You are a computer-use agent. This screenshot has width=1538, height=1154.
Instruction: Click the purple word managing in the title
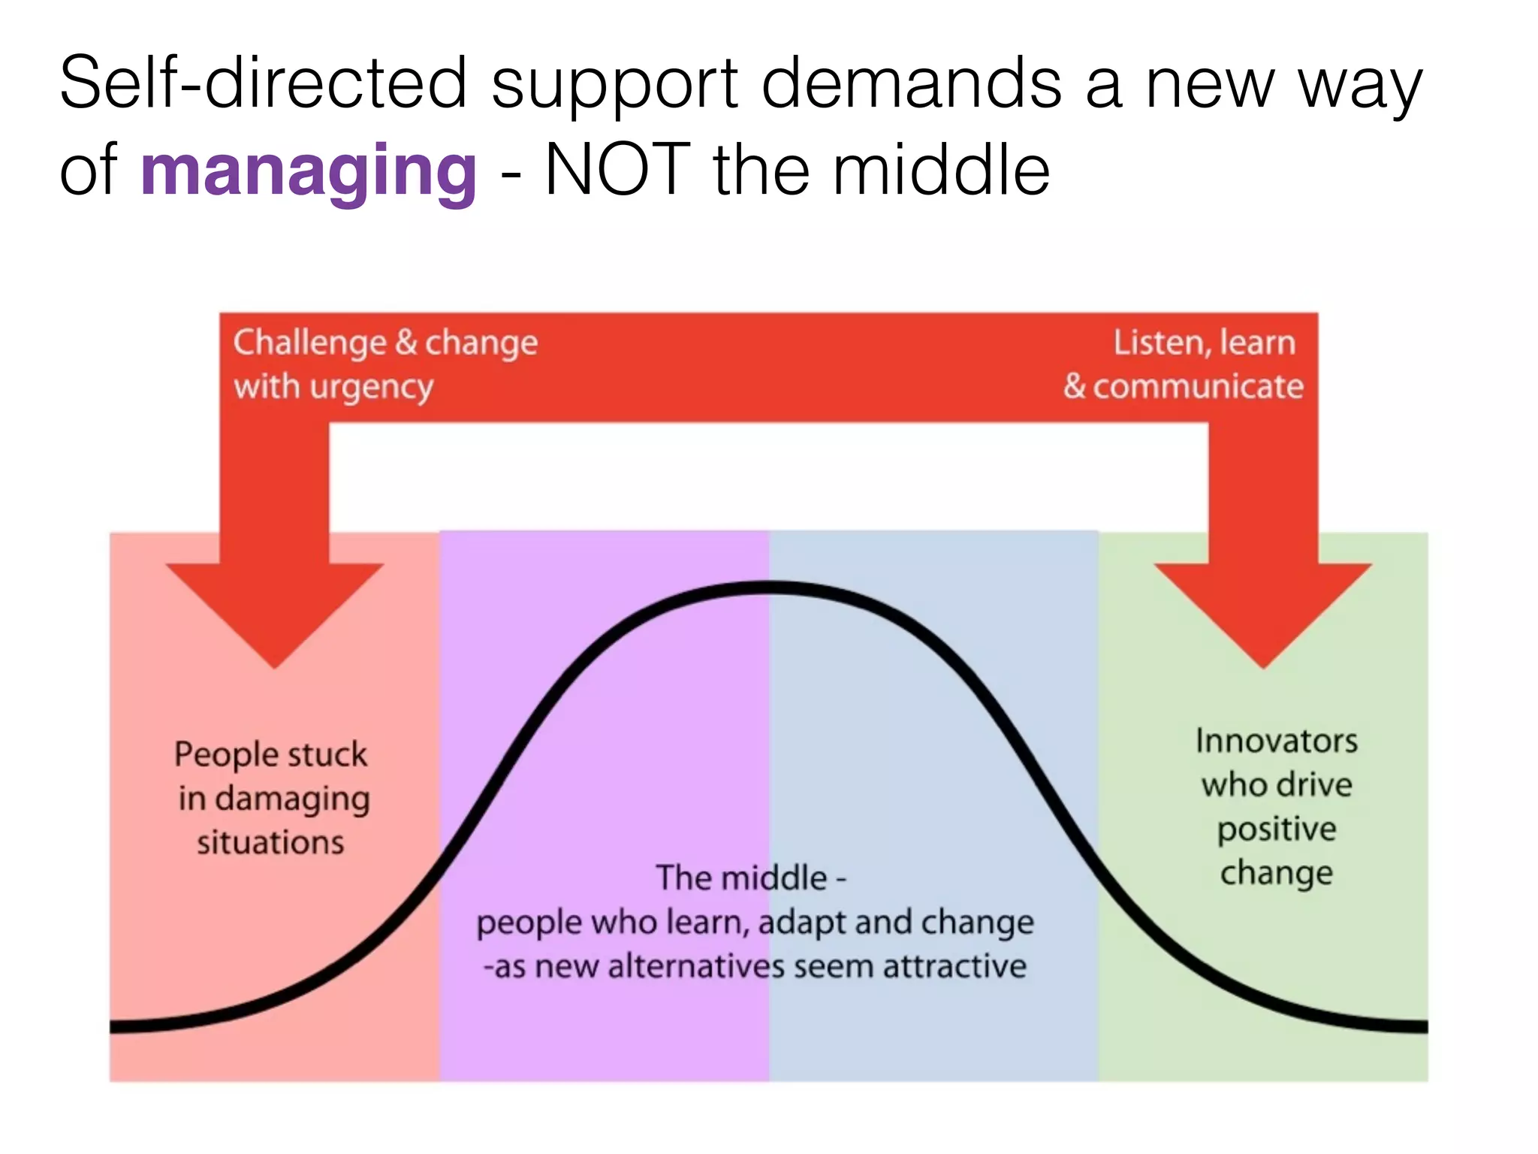[x=308, y=171]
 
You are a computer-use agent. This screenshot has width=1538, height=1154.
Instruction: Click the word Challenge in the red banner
[x=309, y=343]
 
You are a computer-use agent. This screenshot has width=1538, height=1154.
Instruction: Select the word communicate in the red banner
[x=1198, y=387]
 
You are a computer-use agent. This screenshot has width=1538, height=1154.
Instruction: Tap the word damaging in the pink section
[x=293, y=799]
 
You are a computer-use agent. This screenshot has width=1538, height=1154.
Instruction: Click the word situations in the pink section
[x=270, y=843]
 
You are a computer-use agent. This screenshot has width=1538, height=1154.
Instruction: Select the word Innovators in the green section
[x=1277, y=742]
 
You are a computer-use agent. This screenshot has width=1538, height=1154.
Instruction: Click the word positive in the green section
[x=1277, y=829]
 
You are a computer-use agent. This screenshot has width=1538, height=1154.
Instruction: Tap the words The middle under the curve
[x=741, y=878]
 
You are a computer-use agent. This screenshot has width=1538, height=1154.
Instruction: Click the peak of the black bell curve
[x=769, y=588]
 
